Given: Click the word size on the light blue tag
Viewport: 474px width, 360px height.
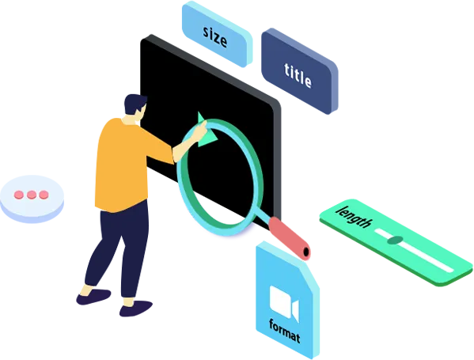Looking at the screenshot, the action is tap(215, 36).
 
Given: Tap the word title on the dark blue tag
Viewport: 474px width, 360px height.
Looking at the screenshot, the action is tap(298, 75).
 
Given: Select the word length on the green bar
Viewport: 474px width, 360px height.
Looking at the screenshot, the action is tap(355, 217).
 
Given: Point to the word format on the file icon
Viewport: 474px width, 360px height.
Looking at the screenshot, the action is tap(285, 331).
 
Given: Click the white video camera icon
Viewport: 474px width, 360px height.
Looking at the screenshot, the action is tap(284, 303).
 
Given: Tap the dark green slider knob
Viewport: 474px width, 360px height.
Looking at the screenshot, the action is tap(395, 241).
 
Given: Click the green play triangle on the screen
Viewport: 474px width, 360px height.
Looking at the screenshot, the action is tap(207, 131).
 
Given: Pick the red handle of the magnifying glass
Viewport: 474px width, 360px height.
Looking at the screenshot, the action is tap(288, 237).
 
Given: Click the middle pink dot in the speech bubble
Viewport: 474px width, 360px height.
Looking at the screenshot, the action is tap(32, 195).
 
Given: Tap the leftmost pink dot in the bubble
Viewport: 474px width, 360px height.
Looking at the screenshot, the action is tap(19, 195).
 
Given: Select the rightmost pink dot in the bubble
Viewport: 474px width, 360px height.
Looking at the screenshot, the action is tap(44, 195).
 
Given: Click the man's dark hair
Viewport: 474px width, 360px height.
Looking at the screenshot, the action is tap(135, 104).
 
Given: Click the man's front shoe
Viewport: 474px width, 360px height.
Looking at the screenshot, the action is tap(136, 308).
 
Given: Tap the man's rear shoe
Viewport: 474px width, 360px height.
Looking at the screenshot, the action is tap(93, 297).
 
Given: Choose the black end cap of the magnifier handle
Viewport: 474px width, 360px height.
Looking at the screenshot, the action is tap(306, 252).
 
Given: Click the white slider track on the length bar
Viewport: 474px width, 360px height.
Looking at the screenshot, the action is tap(414, 250).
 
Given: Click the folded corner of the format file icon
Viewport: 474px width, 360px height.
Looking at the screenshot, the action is tap(309, 275).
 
